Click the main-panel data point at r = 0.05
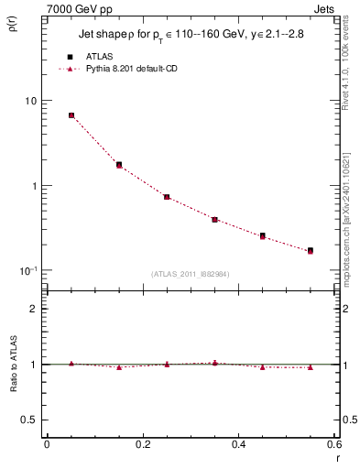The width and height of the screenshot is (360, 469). tap(71, 115)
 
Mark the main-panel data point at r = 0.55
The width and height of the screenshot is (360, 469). tap(311, 250)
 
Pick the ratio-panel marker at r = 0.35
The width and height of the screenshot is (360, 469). tap(214, 364)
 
